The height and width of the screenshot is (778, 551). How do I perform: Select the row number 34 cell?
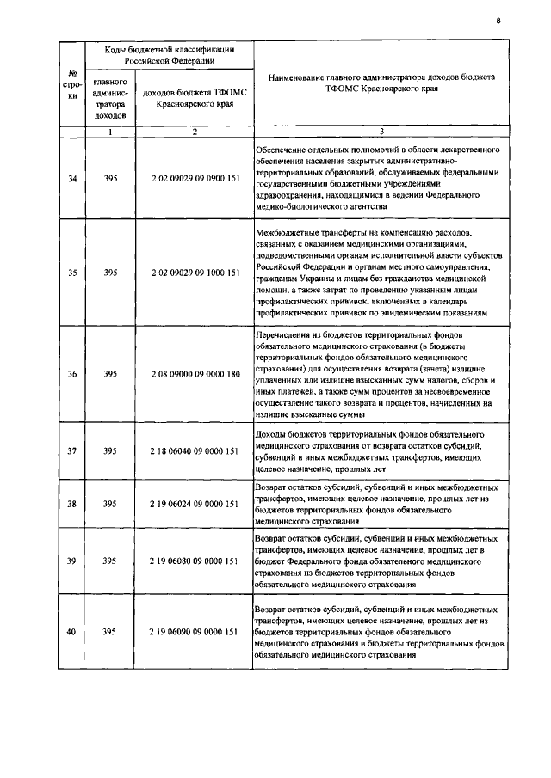point(72,179)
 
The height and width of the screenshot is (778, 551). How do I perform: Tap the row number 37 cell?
point(72,450)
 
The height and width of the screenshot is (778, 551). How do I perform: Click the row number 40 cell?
point(72,632)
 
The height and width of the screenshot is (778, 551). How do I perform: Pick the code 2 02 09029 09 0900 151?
point(195,179)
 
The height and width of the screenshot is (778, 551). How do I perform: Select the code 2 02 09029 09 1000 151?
point(195,273)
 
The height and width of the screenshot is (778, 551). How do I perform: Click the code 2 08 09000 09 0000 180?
point(195,374)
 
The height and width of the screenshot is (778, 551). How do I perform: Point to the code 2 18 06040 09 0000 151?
point(195,450)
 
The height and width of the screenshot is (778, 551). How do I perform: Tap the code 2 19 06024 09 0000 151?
point(195,504)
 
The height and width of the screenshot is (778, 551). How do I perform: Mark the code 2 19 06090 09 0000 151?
point(195,632)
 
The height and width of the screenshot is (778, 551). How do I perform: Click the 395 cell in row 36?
point(110,374)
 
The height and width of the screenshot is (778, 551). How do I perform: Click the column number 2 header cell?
point(195,132)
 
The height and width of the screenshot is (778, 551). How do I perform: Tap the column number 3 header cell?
point(381,132)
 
